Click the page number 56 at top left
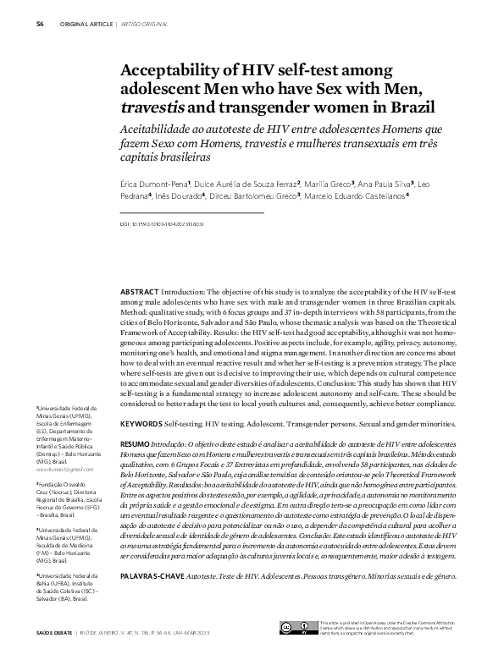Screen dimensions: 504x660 tap(40, 24)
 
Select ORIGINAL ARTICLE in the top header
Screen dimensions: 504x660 tap(86, 24)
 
